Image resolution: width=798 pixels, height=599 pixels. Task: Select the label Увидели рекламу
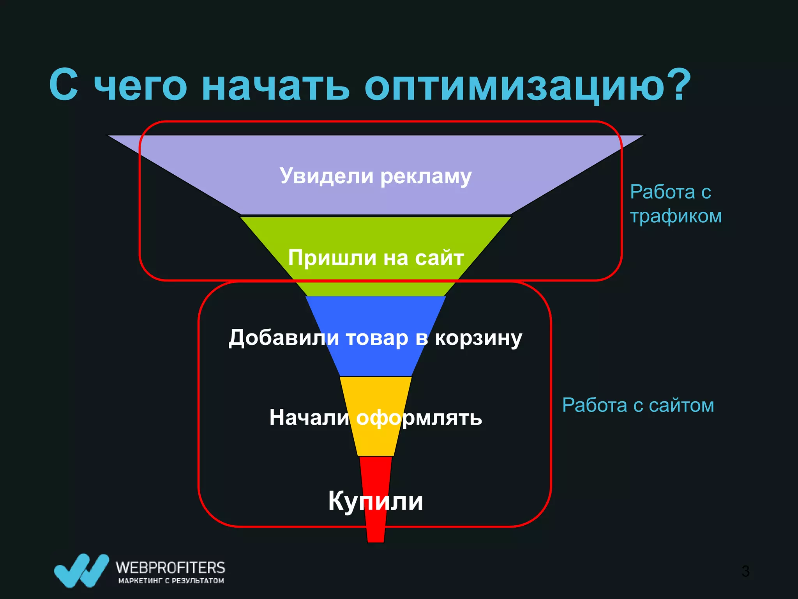pos(376,176)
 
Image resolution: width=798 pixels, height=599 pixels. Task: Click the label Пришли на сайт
pos(376,258)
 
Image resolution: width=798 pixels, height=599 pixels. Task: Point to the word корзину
pos(478,338)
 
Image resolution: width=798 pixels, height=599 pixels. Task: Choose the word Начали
pos(309,417)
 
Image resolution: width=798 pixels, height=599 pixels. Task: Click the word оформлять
pos(419,418)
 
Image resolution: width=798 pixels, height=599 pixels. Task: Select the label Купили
pos(376,501)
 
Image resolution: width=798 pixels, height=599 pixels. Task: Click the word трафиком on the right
pos(676,216)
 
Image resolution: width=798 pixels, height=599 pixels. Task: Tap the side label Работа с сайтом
pos(638,405)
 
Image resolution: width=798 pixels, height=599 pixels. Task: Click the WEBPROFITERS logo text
pos(170,567)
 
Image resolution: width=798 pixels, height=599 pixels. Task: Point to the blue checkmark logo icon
pos(81,570)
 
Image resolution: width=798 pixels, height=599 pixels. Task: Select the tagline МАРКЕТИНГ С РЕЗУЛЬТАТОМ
pos(171,581)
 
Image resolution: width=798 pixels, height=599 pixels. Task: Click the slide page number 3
pos(745,571)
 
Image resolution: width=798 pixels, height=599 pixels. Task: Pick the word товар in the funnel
pos(377,338)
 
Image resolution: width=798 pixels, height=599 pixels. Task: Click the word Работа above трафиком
pos(662,192)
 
